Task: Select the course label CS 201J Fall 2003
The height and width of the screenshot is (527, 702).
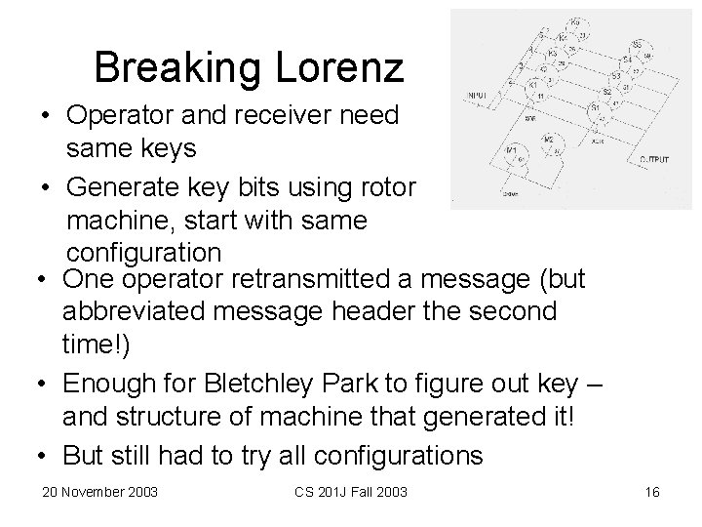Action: coord(351,490)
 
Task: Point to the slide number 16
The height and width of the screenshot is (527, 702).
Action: coord(652,490)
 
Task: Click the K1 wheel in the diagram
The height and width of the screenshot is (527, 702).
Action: coord(534,85)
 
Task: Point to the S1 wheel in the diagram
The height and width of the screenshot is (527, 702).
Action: coord(595,107)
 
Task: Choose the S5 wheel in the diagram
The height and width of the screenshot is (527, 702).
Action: coord(638,46)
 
